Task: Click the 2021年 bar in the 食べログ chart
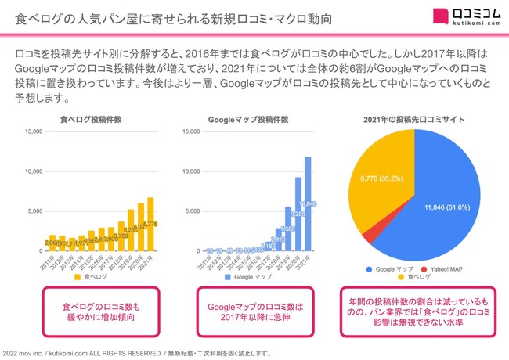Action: [150, 225]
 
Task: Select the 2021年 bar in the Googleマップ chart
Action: [308, 205]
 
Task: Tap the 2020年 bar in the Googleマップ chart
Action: [298, 214]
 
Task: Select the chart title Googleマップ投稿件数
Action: [249, 120]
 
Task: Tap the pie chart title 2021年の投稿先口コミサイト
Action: [413, 120]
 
